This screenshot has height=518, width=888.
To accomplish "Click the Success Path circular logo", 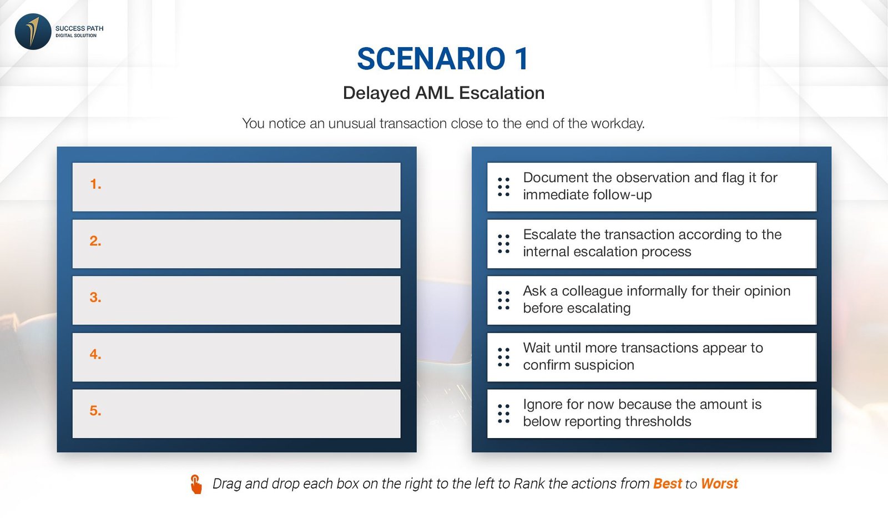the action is coord(33,32).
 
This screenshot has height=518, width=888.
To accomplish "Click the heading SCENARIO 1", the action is coord(443,59).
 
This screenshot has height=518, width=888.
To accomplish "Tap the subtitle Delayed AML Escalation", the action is coord(443,93).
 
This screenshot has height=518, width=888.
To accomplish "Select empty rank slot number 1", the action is coord(236,187).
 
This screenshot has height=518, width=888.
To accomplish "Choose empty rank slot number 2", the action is coord(236,244).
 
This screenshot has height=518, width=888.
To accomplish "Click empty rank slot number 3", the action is coord(236,300).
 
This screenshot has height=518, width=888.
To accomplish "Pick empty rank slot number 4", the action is coord(236,357).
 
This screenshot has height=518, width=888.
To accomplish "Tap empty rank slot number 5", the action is coord(236,414).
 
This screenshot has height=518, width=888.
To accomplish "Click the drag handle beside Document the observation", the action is coord(503,187).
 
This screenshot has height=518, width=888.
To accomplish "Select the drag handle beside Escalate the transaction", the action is coord(503,244).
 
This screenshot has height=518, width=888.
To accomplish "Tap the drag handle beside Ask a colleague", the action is coord(503,300).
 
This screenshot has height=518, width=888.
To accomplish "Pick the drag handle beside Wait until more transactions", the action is coord(503,357).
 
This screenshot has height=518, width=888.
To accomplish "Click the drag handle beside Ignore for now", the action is coord(503,414).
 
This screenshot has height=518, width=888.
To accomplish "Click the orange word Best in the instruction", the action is coord(668,484).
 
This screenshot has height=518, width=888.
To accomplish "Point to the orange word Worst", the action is coord(719,484).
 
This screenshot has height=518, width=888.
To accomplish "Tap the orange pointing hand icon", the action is coord(196,484).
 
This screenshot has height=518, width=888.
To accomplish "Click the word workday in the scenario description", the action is coord(618,123).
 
